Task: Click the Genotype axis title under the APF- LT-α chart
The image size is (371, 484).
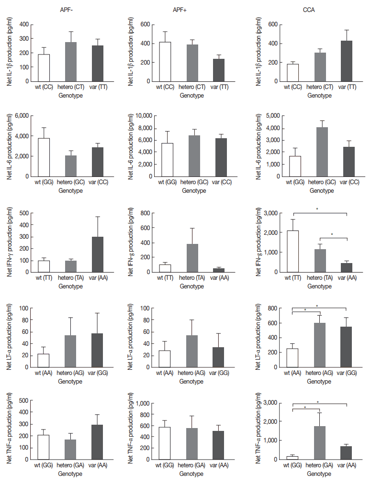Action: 70,382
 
